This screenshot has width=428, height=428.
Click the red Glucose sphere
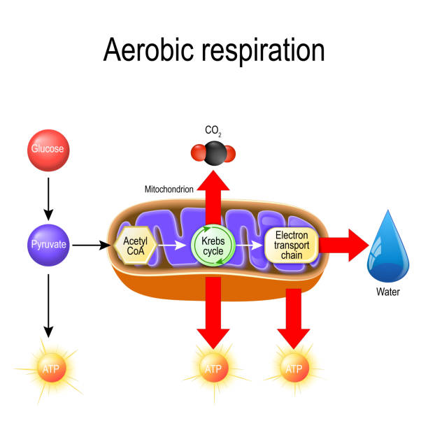coord(48,149)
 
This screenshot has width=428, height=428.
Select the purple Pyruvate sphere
coord(48,245)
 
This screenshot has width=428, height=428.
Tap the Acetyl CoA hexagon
coord(134,245)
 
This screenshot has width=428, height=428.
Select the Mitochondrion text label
coord(169,189)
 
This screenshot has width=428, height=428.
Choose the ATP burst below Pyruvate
coord(48,367)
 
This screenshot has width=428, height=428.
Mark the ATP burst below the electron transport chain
coord(293,368)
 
